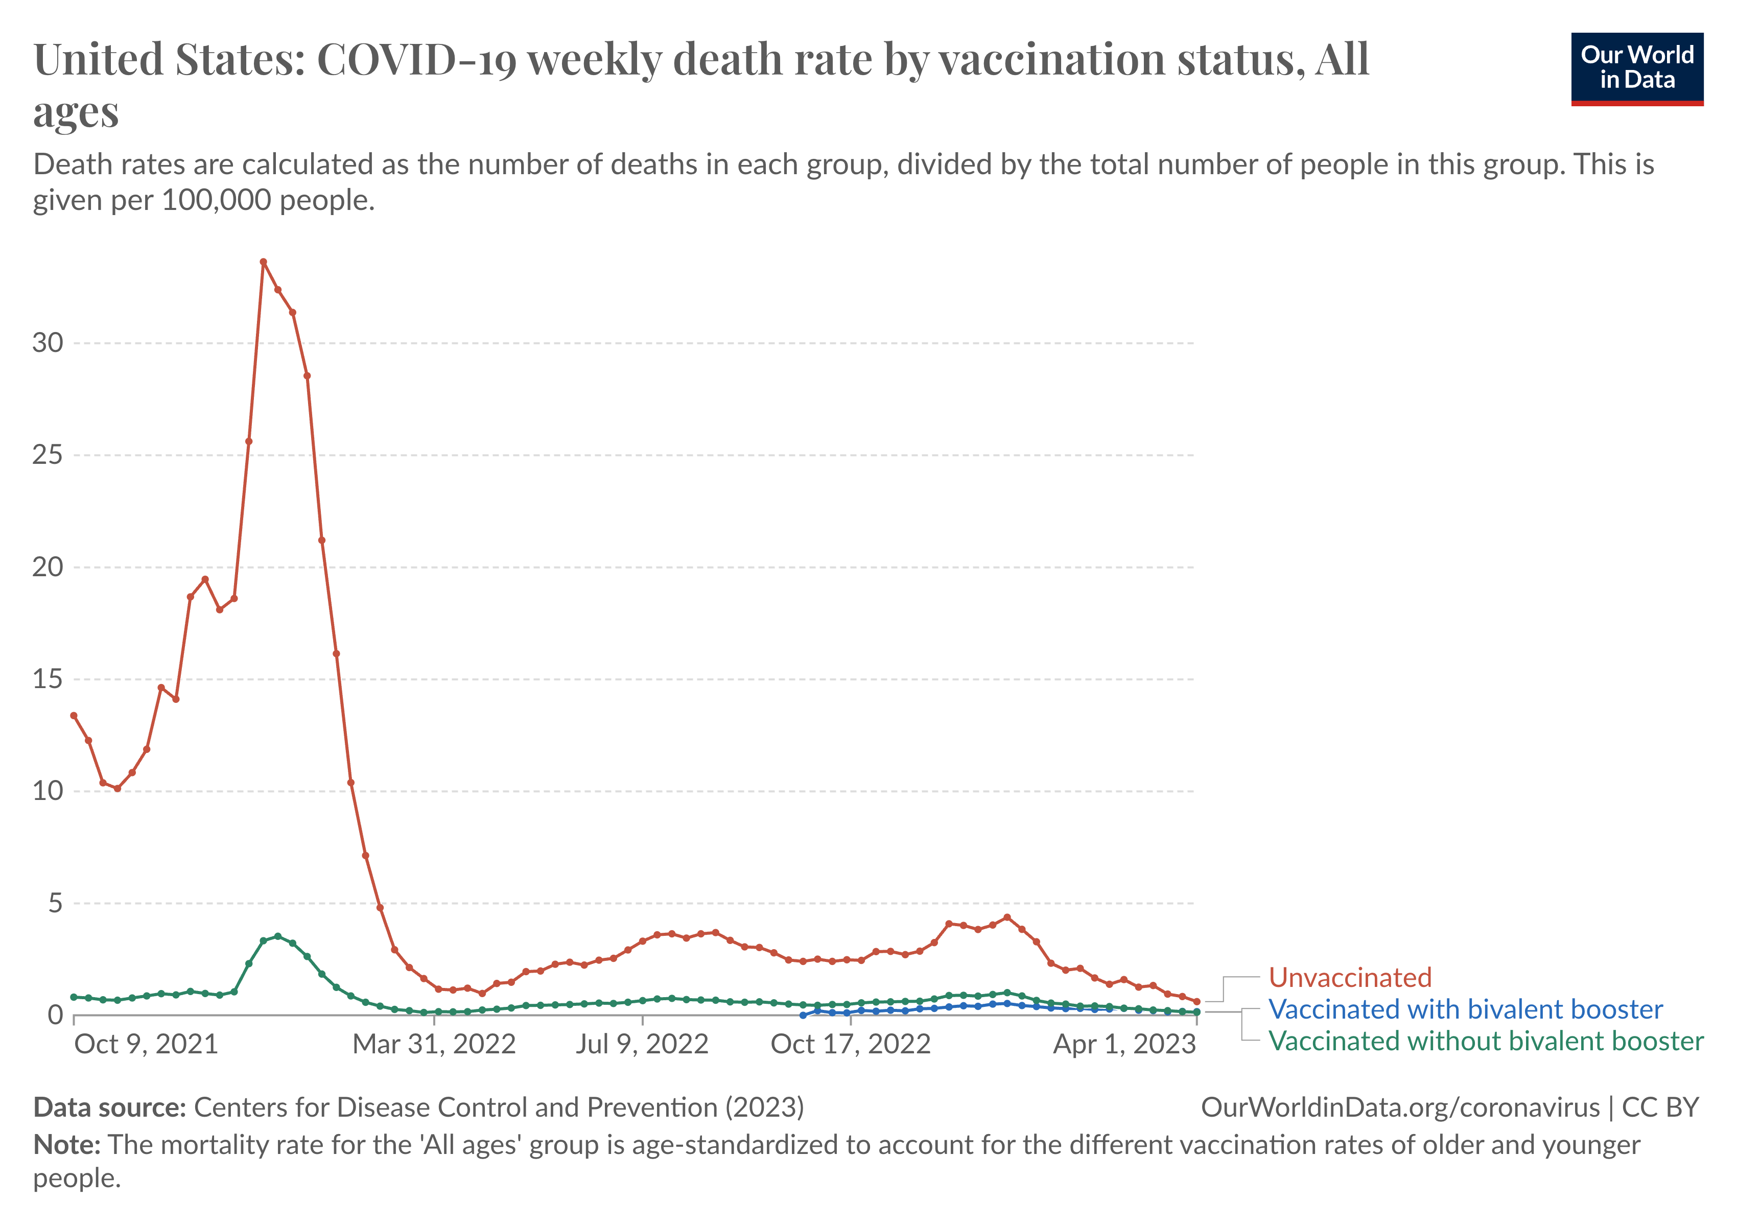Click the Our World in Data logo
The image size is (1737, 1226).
pyautogui.click(x=1636, y=68)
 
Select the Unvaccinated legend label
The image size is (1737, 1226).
pyautogui.click(x=1350, y=977)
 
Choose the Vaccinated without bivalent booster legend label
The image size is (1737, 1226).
pyautogui.click(x=1485, y=1042)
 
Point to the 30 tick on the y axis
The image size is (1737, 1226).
pyautogui.click(x=48, y=343)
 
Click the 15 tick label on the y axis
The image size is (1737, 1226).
pyautogui.click(x=48, y=679)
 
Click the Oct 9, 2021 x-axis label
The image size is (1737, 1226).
pyautogui.click(x=146, y=1045)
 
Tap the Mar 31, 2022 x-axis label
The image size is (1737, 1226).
pyautogui.click(x=434, y=1045)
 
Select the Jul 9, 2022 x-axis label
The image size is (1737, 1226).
pyautogui.click(x=642, y=1045)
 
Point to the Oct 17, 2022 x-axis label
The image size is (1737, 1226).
pyautogui.click(x=850, y=1045)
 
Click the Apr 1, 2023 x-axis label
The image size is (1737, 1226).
pyautogui.click(x=1124, y=1045)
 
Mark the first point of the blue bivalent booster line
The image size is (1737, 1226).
pyautogui.click(x=803, y=1015)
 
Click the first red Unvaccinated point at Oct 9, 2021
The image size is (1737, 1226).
pyautogui.click(x=74, y=716)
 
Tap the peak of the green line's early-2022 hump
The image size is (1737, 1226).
pyautogui.click(x=277, y=936)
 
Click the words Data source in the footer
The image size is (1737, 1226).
pyautogui.click(x=110, y=1107)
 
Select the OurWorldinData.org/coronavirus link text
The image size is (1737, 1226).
pyautogui.click(x=1400, y=1107)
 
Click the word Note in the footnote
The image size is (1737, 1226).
pyautogui.click(x=66, y=1145)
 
